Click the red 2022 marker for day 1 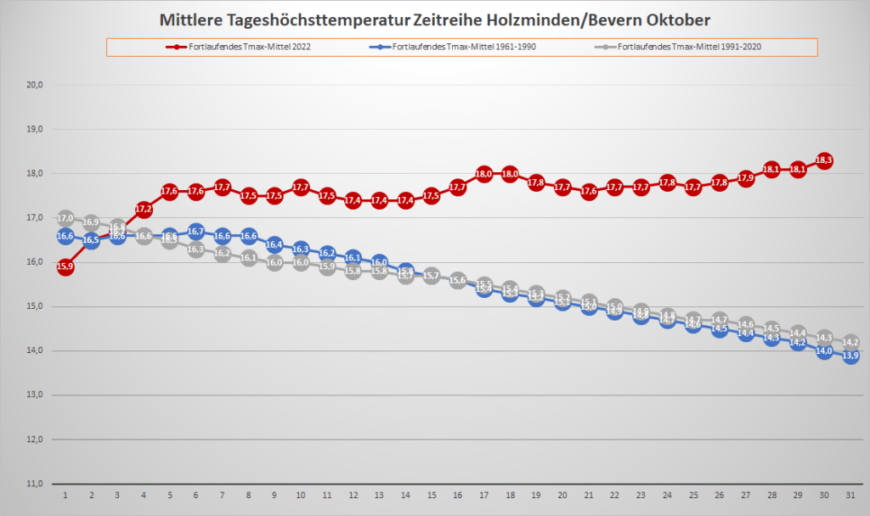[65, 266]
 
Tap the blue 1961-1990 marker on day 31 [850, 356]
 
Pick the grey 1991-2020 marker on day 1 [65, 218]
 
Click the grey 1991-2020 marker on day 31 [850, 342]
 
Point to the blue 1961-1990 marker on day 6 [195, 232]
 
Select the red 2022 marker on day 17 [483, 174]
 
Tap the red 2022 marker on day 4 [144, 209]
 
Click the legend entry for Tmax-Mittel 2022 [238, 47]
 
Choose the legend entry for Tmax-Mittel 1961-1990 [460, 47]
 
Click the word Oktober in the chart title [670, 18]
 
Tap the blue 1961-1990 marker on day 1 [65, 236]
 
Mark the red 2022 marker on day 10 [300, 188]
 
